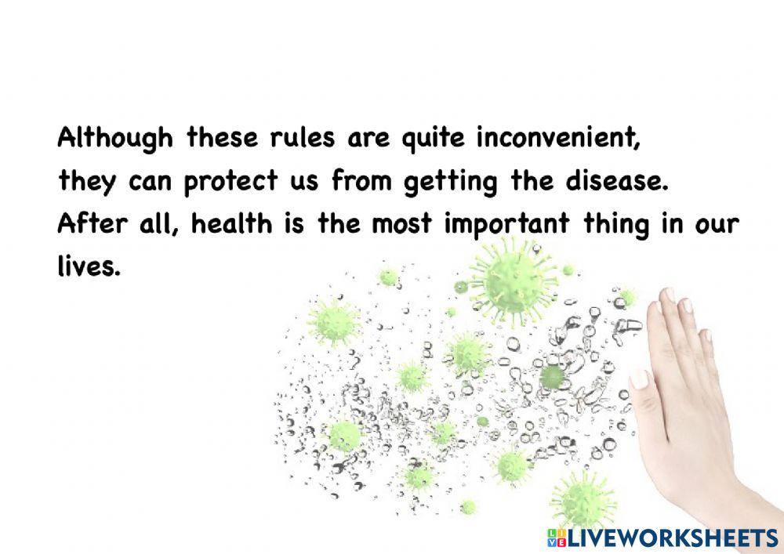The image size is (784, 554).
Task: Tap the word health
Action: click(x=227, y=225)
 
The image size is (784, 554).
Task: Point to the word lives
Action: click(x=89, y=267)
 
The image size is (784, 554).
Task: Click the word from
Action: click(x=365, y=182)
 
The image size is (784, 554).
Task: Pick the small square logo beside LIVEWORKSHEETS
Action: click(x=557, y=538)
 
